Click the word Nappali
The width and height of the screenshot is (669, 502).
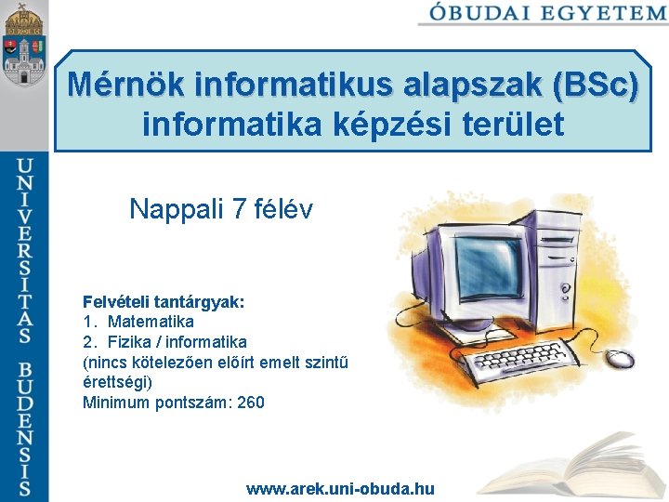(x=177, y=209)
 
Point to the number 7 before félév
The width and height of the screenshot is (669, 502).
(x=240, y=209)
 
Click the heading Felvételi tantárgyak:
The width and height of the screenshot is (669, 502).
(x=164, y=302)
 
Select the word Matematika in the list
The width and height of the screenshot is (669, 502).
(x=151, y=322)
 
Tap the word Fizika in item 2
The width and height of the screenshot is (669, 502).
(x=128, y=342)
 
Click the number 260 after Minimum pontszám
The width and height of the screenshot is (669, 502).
(x=251, y=403)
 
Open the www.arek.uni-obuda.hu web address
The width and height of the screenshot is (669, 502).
(x=340, y=489)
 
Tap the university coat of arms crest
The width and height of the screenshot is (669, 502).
(x=24, y=46)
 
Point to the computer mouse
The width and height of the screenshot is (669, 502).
(x=622, y=358)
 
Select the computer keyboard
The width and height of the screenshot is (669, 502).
(x=502, y=365)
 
